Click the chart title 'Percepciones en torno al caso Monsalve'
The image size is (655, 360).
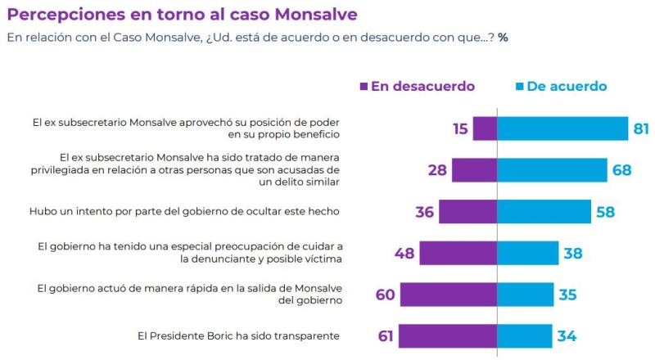182,15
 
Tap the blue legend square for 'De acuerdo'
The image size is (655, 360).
519,86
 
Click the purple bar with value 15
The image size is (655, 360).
485,128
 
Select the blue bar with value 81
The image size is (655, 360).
562,128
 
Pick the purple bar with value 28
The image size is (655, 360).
474,170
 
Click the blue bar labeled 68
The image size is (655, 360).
551,170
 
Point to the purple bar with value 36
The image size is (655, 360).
468,211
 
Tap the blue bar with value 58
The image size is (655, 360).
544,211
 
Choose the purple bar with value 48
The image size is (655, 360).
458,253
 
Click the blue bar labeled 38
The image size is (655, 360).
527,253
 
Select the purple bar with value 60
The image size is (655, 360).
448,295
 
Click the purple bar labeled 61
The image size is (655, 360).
447,336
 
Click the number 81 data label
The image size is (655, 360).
642,128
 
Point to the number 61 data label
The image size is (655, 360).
385,336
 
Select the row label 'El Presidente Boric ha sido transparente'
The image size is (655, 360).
240,336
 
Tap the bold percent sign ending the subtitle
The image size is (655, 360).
503,38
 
